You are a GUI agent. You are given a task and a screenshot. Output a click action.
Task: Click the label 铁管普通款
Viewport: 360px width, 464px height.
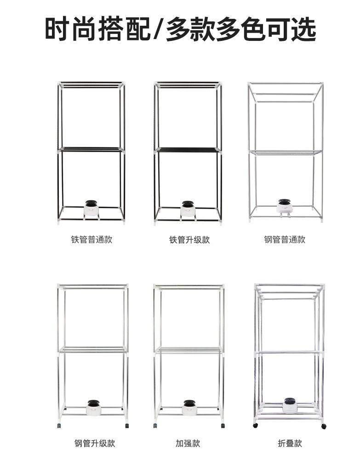pyautogui.click(x=91, y=239)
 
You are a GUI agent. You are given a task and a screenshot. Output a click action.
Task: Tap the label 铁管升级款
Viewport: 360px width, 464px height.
pyautogui.click(x=189, y=239)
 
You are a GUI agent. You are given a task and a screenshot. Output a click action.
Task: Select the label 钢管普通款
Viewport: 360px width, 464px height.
pyautogui.click(x=285, y=239)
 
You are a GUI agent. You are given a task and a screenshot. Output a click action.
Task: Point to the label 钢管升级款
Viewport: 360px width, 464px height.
pyautogui.click(x=95, y=443)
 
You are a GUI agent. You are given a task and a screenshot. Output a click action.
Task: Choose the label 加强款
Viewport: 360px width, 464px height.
pyautogui.click(x=188, y=443)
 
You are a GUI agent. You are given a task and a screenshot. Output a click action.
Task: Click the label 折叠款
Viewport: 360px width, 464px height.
pyautogui.click(x=290, y=443)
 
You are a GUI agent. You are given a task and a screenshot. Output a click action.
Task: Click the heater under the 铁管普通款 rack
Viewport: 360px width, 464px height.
pyautogui.click(x=91, y=208)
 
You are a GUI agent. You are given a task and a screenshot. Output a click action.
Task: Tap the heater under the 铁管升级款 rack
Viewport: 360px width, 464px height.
pyautogui.click(x=188, y=208)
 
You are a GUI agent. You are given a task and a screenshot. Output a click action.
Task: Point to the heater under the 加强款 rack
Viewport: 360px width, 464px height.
pyautogui.click(x=189, y=407)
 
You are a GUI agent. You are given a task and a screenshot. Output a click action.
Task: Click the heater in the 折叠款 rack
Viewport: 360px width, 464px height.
pyautogui.click(x=289, y=404)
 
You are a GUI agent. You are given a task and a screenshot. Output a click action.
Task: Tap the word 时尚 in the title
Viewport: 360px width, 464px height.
pyautogui.click(x=72, y=29)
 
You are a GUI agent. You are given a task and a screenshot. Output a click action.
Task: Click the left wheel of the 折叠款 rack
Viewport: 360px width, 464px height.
pyautogui.click(x=256, y=425)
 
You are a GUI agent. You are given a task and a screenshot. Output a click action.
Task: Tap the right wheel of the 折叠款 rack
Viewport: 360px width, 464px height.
pyautogui.click(x=324, y=426)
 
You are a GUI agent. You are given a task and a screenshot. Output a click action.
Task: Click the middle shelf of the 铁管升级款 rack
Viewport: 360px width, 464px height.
pyautogui.click(x=188, y=150)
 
